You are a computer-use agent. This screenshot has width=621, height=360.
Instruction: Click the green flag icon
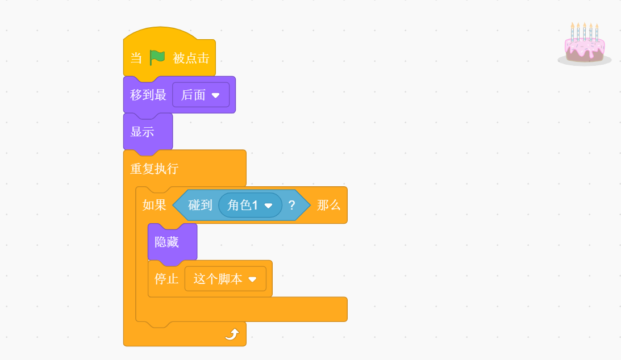[157, 57]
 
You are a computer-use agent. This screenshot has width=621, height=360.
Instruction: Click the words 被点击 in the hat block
[191, 58]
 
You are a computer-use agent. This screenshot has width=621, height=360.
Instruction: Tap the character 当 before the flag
[136, 58]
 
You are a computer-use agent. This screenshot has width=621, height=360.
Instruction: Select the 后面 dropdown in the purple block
[201, 95]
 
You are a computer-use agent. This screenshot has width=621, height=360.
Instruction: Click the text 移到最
[148, 95]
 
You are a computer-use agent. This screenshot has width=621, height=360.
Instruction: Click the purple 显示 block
[143, 132]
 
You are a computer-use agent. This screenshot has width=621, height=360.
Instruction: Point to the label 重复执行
[155, 169]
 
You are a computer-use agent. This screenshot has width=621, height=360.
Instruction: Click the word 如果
[154, 205]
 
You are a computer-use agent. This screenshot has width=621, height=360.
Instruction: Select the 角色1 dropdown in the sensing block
[250, 205]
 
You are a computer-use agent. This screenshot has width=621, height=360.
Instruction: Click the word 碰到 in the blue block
[200, 205]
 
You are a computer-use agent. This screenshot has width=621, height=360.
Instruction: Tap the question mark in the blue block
[291, 206]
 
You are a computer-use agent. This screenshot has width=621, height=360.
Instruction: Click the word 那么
[328, 205]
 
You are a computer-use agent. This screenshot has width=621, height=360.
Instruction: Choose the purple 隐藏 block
[167, 242]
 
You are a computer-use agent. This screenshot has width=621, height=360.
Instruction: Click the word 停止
[167, 279]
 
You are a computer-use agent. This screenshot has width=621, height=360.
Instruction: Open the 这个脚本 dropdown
[225, 279]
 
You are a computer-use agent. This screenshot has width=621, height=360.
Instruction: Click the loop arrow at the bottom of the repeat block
[231, 334]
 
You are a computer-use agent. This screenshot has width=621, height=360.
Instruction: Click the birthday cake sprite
[584, 48]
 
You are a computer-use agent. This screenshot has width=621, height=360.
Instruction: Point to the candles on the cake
[584, 31]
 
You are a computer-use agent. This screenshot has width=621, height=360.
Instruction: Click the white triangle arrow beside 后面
[215, 95]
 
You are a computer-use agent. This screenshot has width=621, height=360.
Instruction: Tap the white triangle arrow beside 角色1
[269, 206]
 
